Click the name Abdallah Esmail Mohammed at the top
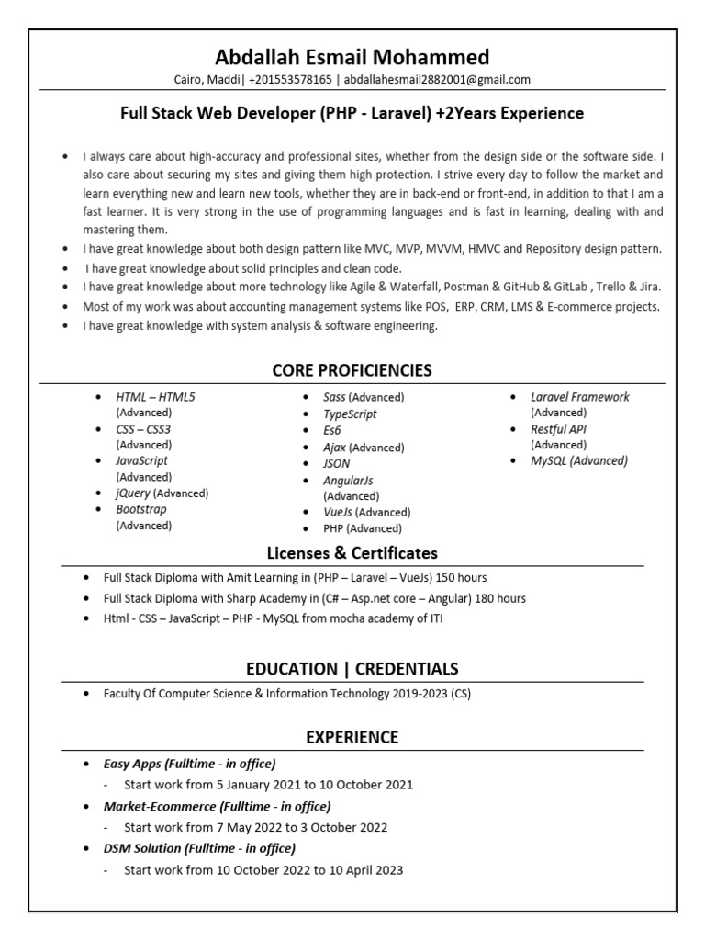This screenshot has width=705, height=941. (352, 56)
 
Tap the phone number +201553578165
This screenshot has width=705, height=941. (290, 80)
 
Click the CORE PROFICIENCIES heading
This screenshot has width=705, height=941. (352, 370)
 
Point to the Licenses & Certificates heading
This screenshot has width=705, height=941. (352, 553)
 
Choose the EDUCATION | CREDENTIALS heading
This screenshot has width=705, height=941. (352, 668)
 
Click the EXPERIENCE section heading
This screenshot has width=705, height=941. (352, 737)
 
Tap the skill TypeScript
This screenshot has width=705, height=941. (351, 414)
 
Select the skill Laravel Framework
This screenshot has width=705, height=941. (579, 397)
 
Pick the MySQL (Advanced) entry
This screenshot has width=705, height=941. (578, 461)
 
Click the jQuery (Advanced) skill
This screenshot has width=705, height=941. (162, 493)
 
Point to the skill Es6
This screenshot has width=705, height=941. (332, 430)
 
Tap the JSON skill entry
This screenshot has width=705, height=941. (337, 464)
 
